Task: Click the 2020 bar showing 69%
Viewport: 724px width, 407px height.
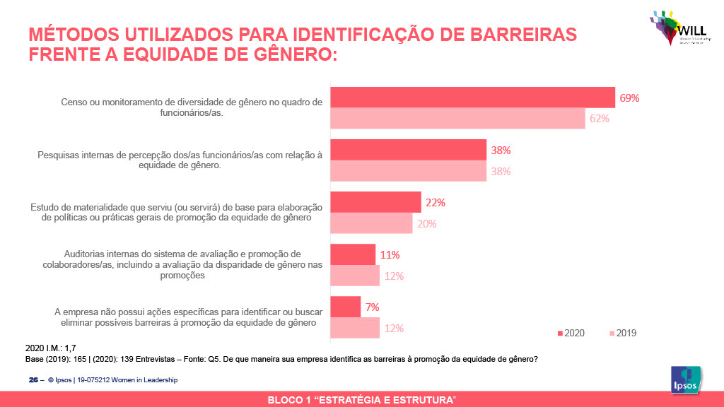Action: (x=473, y=98)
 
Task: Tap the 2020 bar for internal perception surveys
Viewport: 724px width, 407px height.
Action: (x=409, y=150)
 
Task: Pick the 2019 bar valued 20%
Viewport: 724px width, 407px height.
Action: (x=372, y=223)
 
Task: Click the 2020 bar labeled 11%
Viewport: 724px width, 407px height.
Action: (x=353, y=254)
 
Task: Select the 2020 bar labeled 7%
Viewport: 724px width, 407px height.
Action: (x=346, y=307)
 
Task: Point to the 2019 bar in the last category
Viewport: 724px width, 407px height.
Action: (x=355, y=328)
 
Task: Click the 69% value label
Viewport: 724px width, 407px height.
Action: (x=629, y=98)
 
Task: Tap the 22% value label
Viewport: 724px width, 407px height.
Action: (x=435, y=203)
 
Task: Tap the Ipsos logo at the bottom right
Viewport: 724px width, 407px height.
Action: (x=685, y=380)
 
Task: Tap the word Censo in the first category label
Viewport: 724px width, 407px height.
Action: (x=75, y=102)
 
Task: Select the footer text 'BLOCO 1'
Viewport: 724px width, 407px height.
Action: (x=290, y=401)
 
